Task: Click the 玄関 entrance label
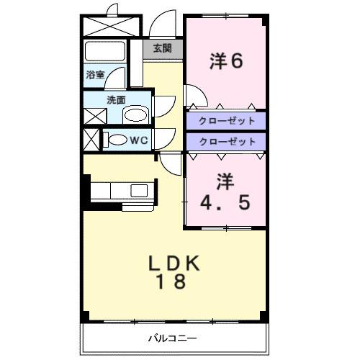tap(162, 48)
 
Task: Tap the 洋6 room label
tap(226, 61)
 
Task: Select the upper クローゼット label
tap(226, 120)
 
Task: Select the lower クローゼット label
tap(226, 142)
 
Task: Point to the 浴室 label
tap(96, 74)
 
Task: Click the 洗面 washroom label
tap(116, 100)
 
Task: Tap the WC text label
tap(139, 140)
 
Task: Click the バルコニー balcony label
tap(173, 337)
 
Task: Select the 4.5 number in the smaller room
tap(226, 202)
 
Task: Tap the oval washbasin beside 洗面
tap(134, 114)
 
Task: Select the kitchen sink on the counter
tap(138, 190)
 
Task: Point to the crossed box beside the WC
tap(92, 139)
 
